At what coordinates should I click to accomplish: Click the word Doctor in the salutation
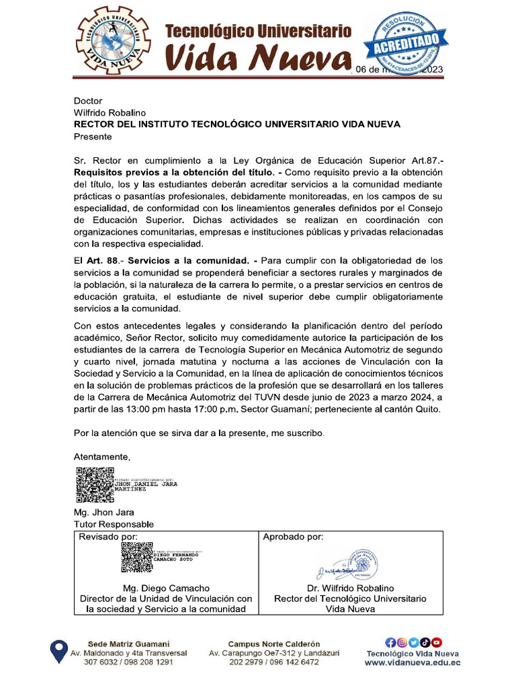(88, 101)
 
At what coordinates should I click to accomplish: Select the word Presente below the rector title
(93, 136)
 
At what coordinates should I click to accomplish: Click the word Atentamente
(102, 457)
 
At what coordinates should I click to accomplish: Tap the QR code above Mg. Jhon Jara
(95, 485)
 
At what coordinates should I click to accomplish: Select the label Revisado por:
(108, 537)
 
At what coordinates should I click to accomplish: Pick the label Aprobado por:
(293, 537)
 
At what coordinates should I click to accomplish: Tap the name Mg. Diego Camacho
(166, 588)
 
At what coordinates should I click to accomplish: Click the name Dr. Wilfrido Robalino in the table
(350, 588)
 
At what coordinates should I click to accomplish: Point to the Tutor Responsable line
(114, 524)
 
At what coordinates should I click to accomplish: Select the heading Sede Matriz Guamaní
(129, 643)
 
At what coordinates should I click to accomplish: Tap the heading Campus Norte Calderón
(274, 643)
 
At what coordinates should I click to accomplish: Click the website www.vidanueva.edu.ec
(413, 662)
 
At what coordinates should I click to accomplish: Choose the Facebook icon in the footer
(390, 642)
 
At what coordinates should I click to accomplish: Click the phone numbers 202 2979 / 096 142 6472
(274, 662)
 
